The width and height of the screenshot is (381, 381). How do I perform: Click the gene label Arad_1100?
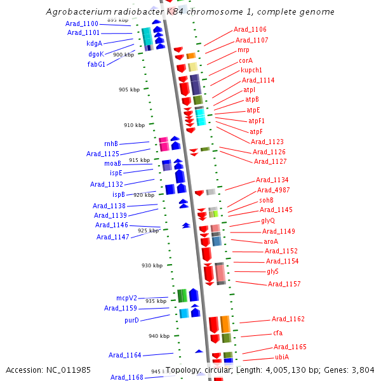tap(82, 23)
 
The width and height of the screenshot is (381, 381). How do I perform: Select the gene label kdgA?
tap(94, 43)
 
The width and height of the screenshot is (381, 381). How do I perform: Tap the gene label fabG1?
tap(96, 64)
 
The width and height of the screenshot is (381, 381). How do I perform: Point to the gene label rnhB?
tap(111, 144)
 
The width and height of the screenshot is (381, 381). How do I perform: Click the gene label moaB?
tap(112, 163)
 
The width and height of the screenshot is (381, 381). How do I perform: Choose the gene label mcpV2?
tap(126, 298)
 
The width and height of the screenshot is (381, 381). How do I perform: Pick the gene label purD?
tap(131, 320)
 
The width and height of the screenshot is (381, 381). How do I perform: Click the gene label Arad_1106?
tap(250, 29)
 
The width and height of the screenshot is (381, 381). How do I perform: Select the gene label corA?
tap(246, 60)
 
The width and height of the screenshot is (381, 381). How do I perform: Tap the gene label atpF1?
tap(257, 121)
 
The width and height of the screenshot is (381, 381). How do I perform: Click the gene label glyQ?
tap(268, 220)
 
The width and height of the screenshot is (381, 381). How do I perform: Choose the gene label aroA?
tap(271, 241)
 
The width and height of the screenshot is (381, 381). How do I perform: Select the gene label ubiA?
tap(282, 357)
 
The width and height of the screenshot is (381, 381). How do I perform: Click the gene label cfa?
tap(278, 333)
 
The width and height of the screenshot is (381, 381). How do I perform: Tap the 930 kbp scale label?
tap(152, 265)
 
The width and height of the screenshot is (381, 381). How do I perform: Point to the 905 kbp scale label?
tap(129, 90)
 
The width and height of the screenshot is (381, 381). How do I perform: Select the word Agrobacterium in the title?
tap(77, 12)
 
